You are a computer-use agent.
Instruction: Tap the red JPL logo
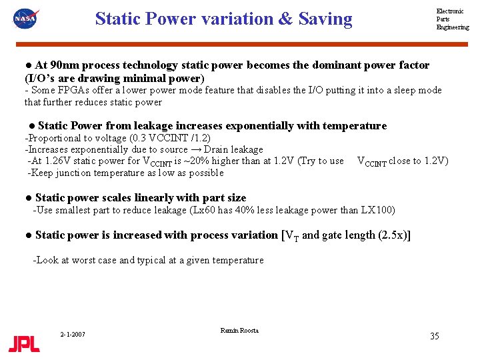coord(24,343)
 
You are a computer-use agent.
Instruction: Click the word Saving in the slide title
coord(325,19)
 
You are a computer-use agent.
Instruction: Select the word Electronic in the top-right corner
coord(450,11)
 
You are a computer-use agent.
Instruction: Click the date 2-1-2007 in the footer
coord(72,334)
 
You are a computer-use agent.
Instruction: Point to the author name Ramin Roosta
coord(239,331)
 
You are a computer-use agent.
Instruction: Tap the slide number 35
coord(434,336)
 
